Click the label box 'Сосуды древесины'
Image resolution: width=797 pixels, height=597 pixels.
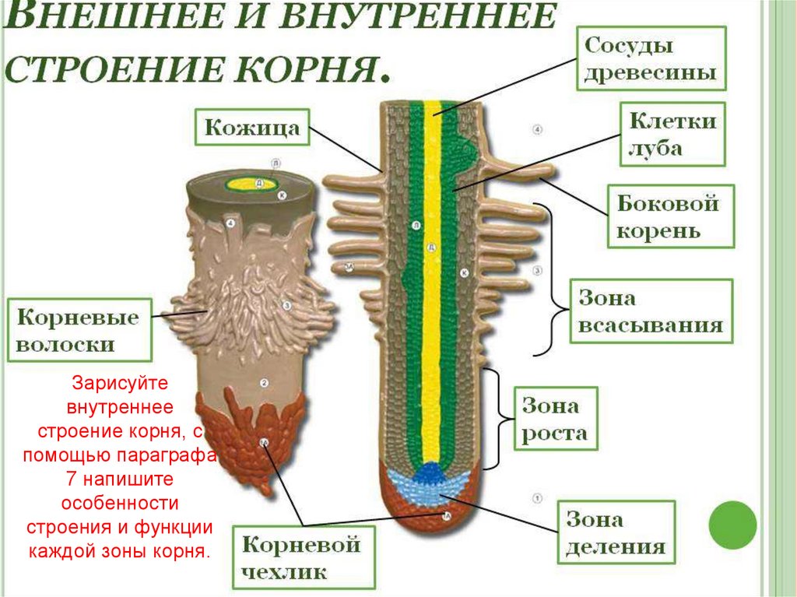(x=651, y=58)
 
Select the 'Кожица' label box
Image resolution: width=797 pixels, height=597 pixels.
(x=251, y=128)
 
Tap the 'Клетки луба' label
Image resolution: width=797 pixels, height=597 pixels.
(x=672, y=135)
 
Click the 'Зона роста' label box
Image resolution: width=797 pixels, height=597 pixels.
(x=553, y=419)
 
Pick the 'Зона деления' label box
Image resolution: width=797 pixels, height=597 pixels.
(x=616, y=532)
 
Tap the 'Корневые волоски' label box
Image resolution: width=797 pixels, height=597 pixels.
(x=78, y=330)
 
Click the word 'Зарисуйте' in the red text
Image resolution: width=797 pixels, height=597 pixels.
(x=119, y=384)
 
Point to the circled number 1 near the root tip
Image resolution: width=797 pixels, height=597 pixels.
(x=536, y=497)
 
